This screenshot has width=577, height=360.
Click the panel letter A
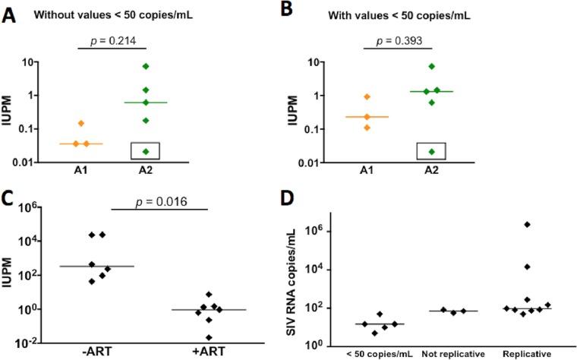(10, 15)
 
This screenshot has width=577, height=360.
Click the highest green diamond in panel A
(166, 66)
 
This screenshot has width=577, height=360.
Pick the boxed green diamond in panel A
(166, 151)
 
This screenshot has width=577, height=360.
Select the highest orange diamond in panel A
(102, 123)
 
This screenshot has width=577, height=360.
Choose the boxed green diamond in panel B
(431, 152)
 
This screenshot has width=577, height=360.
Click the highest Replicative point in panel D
(527, 225)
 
